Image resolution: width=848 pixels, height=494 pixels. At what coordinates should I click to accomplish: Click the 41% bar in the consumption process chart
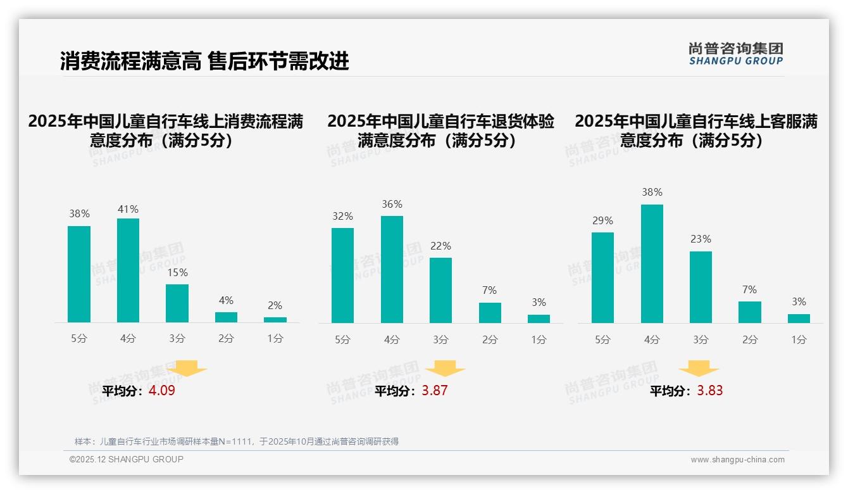coord(128,270)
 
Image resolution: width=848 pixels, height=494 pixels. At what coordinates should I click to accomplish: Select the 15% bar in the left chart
coord(177,303)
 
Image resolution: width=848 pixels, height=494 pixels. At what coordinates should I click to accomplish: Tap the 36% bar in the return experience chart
coord(392,269)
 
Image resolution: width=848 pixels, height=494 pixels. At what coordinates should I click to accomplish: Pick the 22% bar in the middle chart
coord(440,290)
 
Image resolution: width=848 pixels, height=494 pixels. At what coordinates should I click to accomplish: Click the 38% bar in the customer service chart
coord(652,263)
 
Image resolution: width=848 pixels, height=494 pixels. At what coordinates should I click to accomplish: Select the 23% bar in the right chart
coord(701,287)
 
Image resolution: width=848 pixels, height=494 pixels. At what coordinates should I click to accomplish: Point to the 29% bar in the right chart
coord(602,277)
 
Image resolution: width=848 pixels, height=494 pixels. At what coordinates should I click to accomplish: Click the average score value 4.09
coord(162,391)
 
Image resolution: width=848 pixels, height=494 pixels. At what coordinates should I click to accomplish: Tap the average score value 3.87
coord(435,391)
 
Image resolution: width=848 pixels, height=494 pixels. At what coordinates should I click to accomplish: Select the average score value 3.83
coord(710,391)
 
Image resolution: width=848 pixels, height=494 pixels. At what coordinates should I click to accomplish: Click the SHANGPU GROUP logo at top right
coord(735,54)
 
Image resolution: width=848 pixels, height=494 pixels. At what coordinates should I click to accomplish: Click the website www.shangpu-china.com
coord(737,460)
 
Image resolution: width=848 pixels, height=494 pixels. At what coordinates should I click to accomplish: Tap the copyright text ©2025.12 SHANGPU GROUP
coord(127,459)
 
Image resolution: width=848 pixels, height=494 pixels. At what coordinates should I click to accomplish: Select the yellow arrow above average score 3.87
coord(445,369)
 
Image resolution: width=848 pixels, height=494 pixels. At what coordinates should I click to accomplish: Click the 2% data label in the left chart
coord(275,305)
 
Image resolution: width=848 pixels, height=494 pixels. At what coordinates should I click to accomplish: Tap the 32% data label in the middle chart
coord(342,216)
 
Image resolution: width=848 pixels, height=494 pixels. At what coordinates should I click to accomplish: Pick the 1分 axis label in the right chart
coord(799,339)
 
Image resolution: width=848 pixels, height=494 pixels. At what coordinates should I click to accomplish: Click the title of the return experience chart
coord(440,130)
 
